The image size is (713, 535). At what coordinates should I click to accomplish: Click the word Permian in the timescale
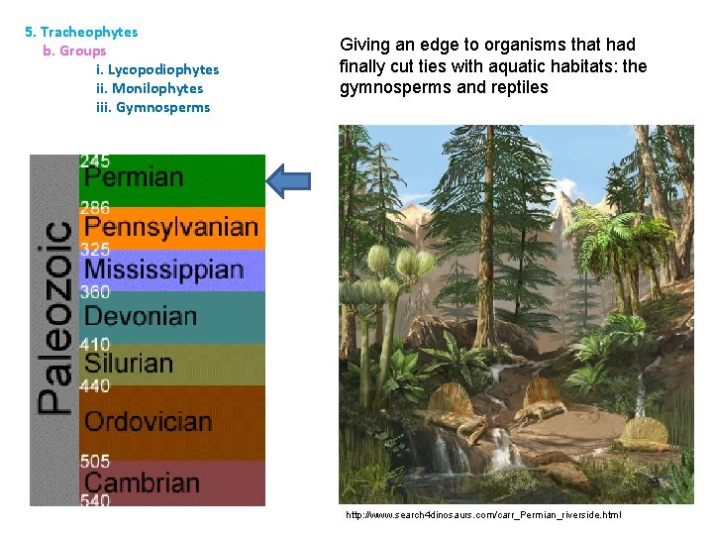coord(134,178)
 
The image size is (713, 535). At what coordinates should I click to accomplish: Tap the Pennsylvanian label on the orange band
coord(170,226)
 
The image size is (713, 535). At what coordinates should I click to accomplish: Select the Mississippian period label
coord(163,269)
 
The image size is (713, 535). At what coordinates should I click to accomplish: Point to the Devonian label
coord(140,317)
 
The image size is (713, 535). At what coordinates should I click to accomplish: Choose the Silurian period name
coord(128,363)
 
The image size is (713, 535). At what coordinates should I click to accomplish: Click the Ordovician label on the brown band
coord(148,421)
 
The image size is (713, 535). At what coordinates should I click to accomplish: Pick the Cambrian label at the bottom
coord(142,482)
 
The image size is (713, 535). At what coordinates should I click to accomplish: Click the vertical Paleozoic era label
coord(54,317)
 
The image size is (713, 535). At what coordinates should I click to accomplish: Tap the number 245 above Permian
coord(95,160)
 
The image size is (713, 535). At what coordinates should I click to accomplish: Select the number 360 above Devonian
coord(95,292)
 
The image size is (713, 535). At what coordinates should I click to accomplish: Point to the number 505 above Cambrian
coord(95,461)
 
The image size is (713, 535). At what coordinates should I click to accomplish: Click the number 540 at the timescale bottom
coord(95,501)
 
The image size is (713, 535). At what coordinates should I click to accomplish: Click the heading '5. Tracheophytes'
coord(81,32)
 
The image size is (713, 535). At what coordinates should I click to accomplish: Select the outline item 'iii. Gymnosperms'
coord(153,107)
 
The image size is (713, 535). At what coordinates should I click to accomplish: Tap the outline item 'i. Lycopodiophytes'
coord(157,69)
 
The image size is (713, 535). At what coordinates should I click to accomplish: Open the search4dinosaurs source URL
coord(483,515)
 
